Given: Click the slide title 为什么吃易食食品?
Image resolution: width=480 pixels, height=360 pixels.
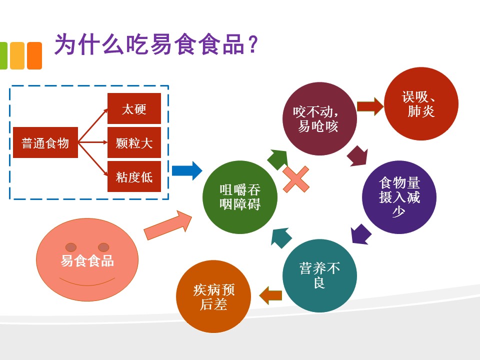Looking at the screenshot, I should coord(155,45).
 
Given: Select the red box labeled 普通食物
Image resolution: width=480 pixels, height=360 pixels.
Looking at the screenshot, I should coord(45,143).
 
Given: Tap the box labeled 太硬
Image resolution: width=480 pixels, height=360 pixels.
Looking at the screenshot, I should coord(134,108).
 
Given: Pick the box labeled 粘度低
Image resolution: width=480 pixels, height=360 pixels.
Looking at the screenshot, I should coord(134,176).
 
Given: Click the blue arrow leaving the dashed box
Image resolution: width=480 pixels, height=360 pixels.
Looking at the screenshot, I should coord(186,170).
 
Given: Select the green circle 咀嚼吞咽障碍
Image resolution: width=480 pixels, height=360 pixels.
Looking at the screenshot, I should coord(239,197).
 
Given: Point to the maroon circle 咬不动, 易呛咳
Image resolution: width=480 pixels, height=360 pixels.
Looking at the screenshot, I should coord(319,119).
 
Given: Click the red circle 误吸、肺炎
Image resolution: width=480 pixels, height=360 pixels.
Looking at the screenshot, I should coord(421,104).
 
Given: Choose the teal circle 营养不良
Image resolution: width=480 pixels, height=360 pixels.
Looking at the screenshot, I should coord(319,275).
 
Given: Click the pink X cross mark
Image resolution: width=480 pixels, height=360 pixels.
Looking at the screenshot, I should coord(296,179).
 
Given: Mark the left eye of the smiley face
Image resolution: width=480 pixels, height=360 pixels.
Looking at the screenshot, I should coord(71,247).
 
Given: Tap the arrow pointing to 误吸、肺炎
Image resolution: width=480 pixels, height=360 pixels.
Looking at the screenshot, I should coord(369,107).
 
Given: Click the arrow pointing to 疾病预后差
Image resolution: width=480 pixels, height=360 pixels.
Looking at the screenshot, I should coord(270,294).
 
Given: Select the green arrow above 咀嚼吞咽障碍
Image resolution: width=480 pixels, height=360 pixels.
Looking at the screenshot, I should coord(278,159).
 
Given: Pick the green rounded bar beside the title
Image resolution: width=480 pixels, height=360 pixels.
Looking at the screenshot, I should coord(3,55).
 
